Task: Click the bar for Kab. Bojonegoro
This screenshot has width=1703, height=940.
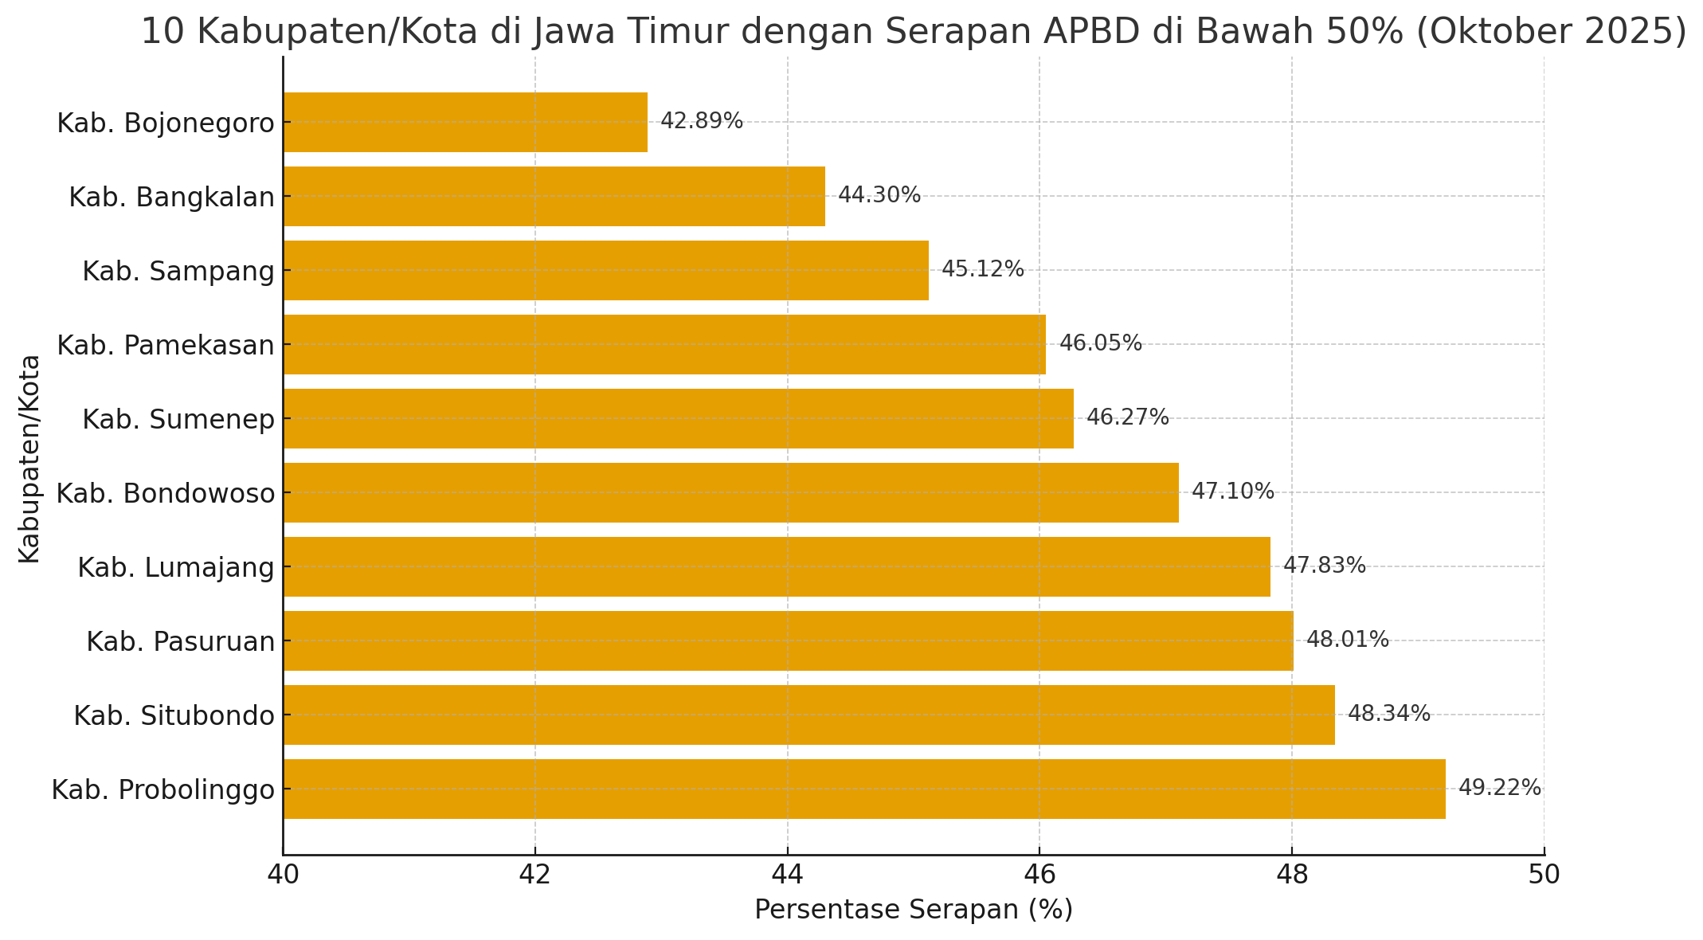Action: (465, 122)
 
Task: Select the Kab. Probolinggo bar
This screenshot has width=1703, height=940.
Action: (864, 789)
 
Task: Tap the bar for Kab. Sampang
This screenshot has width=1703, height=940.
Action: (605, 270)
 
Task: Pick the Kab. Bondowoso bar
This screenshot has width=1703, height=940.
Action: (730, 492)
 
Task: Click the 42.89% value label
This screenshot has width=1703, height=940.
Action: (701, 121)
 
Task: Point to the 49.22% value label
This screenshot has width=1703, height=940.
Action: (1499, 788)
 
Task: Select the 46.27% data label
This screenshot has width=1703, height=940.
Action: (1127, 417)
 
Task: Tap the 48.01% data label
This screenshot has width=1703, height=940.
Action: (1347, 640)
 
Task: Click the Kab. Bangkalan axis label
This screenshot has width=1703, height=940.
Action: (171, 197)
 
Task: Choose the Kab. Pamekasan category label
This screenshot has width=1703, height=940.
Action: (166, 345)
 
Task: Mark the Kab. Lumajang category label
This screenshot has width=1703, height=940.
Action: (175, 567)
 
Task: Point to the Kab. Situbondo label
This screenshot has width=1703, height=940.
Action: (174, 715)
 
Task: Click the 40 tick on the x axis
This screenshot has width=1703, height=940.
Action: (283, 875)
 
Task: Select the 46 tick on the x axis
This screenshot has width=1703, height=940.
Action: (1039, 875)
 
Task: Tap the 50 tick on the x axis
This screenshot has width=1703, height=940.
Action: (1544, 875)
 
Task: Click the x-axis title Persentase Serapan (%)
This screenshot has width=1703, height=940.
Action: (913, 910)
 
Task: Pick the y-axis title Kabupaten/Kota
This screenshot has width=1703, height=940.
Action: (29, 458)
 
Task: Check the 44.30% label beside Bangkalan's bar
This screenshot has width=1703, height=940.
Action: (879, 195)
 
